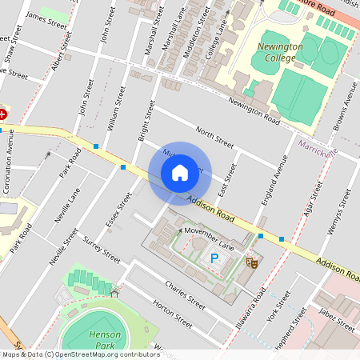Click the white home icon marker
tap(179, 173)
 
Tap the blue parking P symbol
tap(214, 258)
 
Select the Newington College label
tap(280, 52)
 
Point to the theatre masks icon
tap(251, 261)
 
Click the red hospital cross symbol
tap(2, 114)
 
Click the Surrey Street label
tap(101, 250)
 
